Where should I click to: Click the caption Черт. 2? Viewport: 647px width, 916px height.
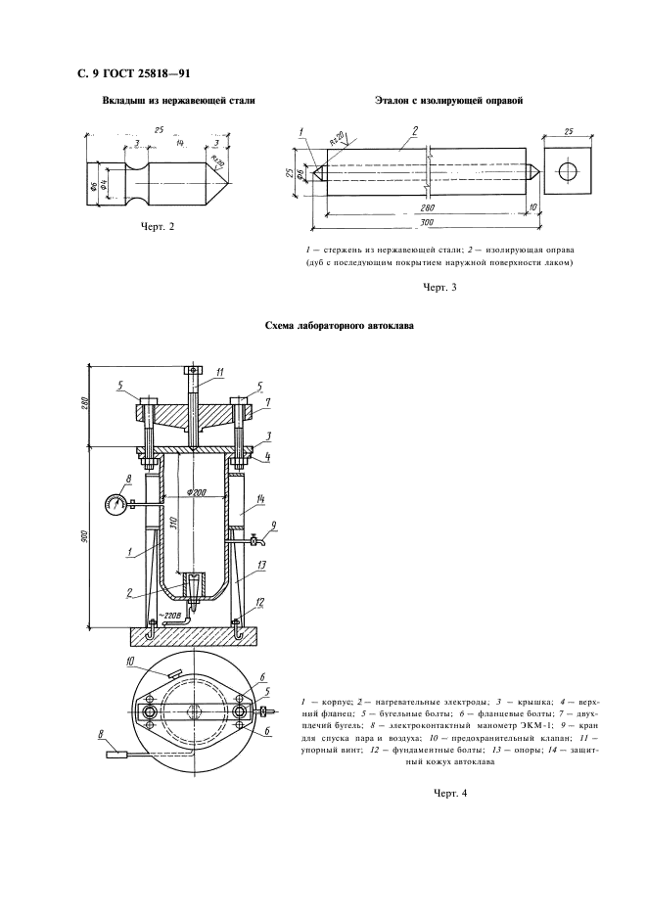click(158, 227)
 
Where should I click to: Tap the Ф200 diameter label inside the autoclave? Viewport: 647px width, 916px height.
click(200, 490)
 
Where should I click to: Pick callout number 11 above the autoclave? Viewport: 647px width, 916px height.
click(220, 372)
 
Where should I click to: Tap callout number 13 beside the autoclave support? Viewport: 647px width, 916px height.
click(262, 566)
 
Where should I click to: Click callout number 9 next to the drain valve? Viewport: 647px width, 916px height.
click(275, 526)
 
